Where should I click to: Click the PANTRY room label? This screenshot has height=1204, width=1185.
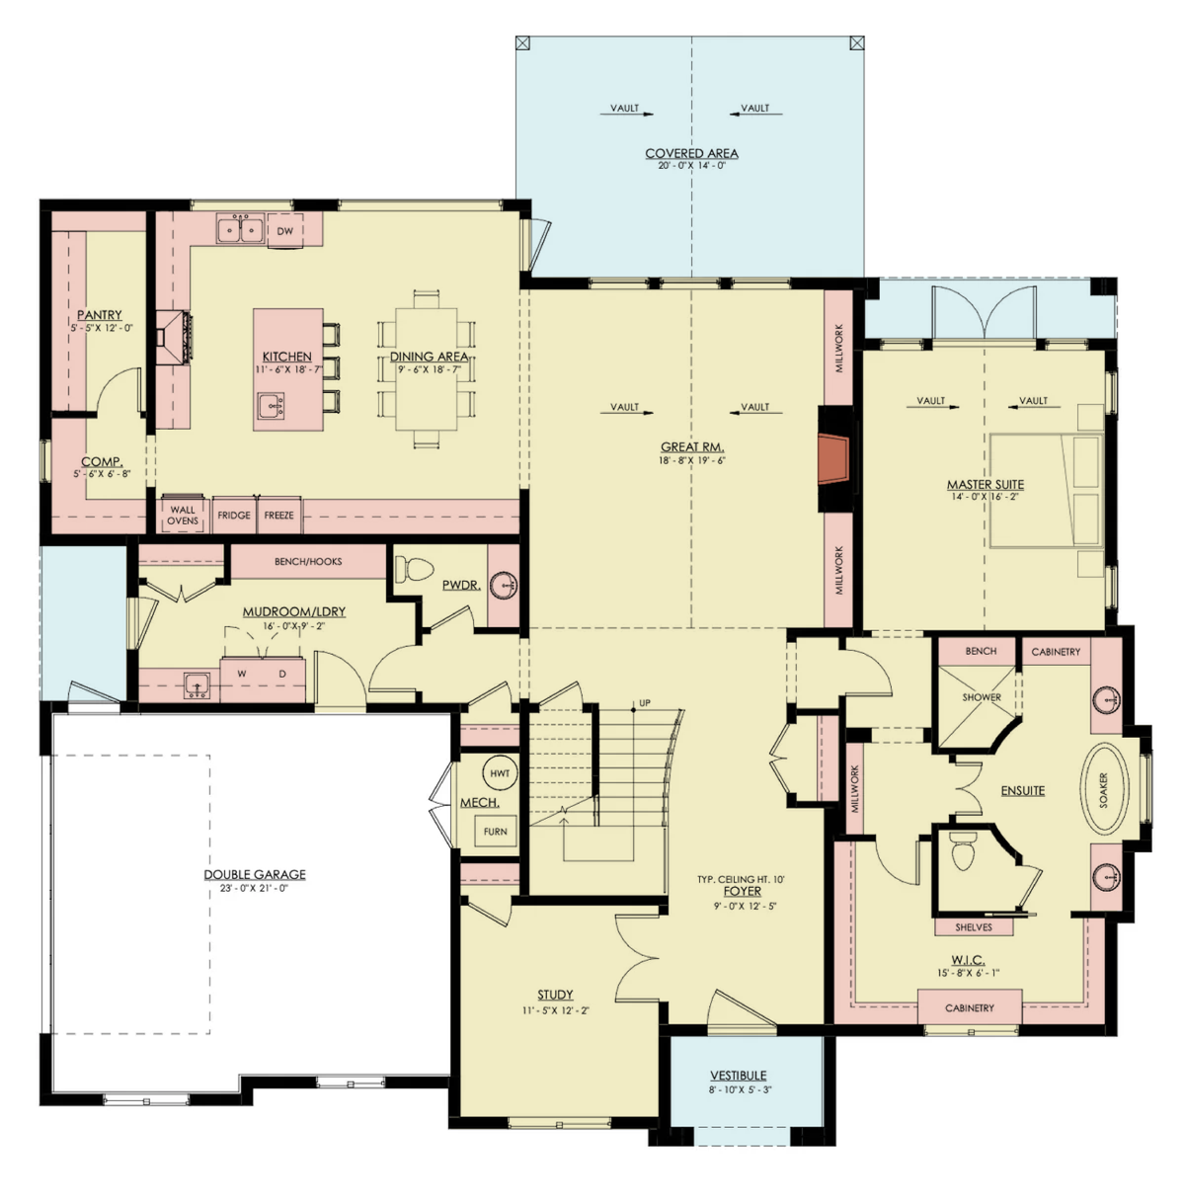100,315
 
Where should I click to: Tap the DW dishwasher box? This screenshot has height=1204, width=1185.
285,230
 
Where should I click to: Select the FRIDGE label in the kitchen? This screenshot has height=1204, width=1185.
234,516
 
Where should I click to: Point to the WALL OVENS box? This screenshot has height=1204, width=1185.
183,515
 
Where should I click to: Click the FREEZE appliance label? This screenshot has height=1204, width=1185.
278,516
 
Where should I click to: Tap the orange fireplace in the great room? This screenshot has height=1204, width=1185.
833,458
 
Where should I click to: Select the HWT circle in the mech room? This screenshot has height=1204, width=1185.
500,773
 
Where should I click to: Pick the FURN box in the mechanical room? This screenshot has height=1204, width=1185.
496,832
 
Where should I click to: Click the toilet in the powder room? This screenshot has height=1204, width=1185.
414,569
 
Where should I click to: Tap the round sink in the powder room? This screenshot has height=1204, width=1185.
504,586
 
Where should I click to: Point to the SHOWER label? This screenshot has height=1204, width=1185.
982,697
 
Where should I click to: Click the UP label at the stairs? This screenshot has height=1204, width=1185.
645,703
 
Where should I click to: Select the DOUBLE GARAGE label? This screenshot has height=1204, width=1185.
255,875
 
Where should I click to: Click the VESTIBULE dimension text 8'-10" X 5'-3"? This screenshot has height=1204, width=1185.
741,1090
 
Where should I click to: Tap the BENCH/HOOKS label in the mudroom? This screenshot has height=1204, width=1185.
308,562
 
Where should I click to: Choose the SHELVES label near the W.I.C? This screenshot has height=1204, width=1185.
974,927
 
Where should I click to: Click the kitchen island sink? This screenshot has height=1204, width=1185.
272,406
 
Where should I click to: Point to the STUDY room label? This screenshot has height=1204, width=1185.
555,995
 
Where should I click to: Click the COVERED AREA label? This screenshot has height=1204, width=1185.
691,153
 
